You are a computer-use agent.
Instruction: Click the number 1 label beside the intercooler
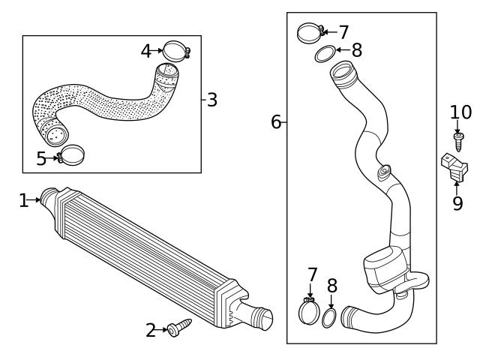[x=23, y=200]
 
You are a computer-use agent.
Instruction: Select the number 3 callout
[x=212, y=100]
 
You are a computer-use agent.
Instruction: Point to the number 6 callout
[x=276, y=121]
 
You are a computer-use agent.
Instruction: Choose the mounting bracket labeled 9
[x=452, y=166]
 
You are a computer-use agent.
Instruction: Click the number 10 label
[x=460, y=113]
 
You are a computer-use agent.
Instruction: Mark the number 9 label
[x=457, y=203]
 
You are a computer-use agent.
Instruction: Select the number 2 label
[x=151, y=330]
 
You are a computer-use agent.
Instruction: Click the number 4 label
[x=146, y=51]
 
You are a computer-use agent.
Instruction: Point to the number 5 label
[x=41, y=159]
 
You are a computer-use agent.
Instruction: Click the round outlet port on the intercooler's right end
[x=262, y=319]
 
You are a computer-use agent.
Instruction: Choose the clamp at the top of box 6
[x=309, y=34]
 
